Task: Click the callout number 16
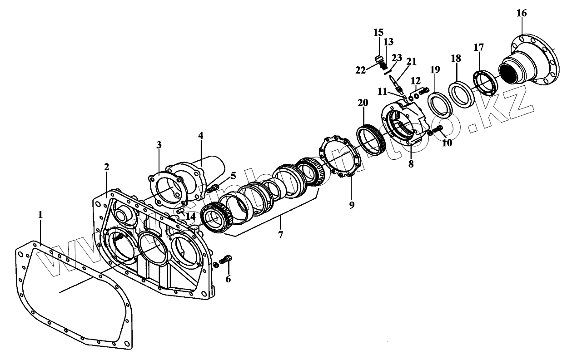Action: coord(521,13)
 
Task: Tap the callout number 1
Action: coord(40,215)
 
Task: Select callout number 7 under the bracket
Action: coord(280,235)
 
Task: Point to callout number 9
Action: coord(351,204)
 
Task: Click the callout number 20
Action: coord(363,104)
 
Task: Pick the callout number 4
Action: coord(201,136)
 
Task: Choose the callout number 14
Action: coord(192,216)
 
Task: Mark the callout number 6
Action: coord(228,279)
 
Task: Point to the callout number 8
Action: coord(411,164)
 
